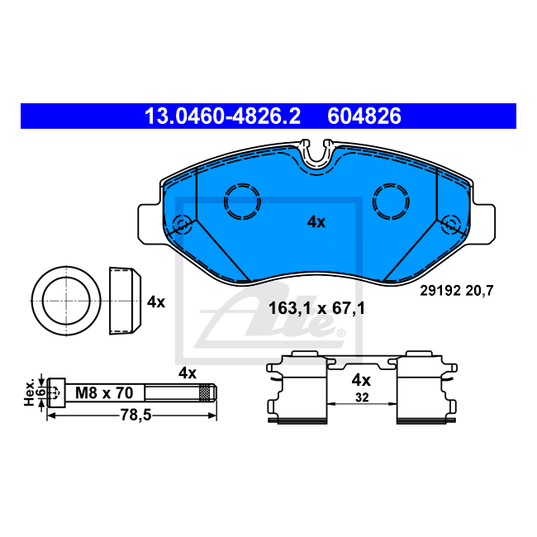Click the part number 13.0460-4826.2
click(x=222, y=116)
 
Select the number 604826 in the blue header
click(x=364, y=116)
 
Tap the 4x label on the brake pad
click(x=316, y=222)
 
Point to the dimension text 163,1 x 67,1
click(x=316, y=308)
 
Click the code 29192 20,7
click(x=457, y=291)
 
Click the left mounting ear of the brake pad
click(x=150, y=225)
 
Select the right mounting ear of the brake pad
click(x=484, y=225)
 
